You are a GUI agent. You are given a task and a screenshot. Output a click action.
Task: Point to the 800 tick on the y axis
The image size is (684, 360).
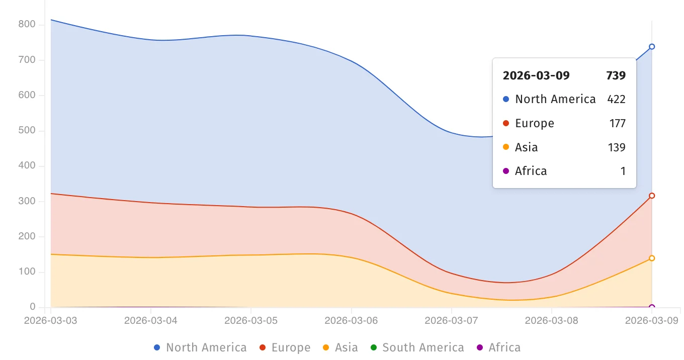pos(27,25)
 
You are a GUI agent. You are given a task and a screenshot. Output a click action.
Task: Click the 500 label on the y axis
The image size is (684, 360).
pos(27,131)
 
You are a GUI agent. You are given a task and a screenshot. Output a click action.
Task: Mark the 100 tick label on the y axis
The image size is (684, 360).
pos(27,272)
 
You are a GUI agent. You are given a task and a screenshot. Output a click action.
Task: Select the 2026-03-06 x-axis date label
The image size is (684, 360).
pos(352,321)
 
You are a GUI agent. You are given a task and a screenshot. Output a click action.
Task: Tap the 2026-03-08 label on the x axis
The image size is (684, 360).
pos(552,321)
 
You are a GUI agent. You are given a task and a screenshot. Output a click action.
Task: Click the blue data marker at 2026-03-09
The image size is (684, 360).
pos(652,47)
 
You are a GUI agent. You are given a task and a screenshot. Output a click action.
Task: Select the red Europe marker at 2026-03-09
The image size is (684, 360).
pos(652,196)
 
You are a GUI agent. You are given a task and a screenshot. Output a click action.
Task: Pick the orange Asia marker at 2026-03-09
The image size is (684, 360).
pos(652,258)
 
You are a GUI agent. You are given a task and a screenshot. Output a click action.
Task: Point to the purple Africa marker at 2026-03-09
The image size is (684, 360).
pos(652,307)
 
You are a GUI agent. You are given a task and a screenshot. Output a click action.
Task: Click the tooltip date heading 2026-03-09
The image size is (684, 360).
pos(536,76)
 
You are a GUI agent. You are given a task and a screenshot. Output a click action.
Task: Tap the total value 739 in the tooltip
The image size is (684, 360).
pos(616,76)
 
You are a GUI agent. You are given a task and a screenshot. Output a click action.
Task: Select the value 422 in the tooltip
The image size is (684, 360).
pos(616,99)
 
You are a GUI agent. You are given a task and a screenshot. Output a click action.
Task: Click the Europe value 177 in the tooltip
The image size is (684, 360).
pos(617,123)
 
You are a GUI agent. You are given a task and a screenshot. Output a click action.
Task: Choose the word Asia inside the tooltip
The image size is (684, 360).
pos(527,147)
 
